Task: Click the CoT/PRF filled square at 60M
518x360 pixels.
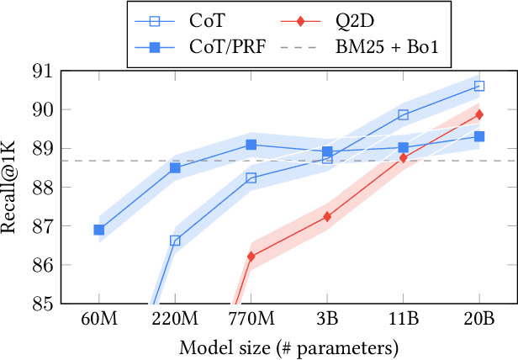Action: (x=99, y=229)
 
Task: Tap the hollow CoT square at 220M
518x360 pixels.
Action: (x=175, y=240)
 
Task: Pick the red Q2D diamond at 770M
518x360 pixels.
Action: (x=251, y=256)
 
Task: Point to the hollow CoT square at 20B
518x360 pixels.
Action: (x=479, y=86)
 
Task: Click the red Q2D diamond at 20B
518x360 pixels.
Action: (x=479, y=114)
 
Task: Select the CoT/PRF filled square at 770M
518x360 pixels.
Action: (x=251, y=145)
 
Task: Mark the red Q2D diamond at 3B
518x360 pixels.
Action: (x=327, y=216)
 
